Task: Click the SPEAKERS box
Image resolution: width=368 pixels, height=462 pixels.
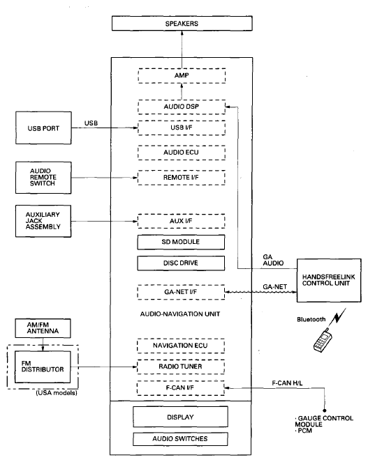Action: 182,23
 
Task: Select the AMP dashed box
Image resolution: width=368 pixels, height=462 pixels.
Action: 182,76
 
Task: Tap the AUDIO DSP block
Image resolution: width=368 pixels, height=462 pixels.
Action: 182,107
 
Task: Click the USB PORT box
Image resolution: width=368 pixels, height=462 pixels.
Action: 43,128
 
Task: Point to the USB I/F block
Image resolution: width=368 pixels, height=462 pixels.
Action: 182,128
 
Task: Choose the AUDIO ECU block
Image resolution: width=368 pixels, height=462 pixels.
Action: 182,153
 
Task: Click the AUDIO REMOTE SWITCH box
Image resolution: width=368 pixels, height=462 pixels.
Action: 43,178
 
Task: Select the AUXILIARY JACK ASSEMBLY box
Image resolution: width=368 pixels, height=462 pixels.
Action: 43,221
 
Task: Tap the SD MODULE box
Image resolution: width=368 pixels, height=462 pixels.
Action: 181,242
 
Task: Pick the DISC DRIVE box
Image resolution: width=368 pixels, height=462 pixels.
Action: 181,263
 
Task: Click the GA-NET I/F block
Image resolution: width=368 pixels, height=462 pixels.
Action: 181,292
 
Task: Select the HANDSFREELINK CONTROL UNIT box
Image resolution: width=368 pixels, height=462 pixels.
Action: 329,280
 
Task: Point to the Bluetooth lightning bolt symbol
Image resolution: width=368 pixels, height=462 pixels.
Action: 339,316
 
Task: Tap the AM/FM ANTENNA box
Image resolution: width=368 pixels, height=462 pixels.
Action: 43,328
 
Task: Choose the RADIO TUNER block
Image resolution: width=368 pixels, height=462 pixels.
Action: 181,367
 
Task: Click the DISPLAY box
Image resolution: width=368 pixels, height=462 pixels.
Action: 180,417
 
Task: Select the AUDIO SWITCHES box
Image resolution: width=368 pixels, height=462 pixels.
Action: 180,439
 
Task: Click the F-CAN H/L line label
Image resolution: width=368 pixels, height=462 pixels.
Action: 287,383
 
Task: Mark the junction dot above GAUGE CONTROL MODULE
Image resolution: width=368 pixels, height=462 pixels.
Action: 325,410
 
